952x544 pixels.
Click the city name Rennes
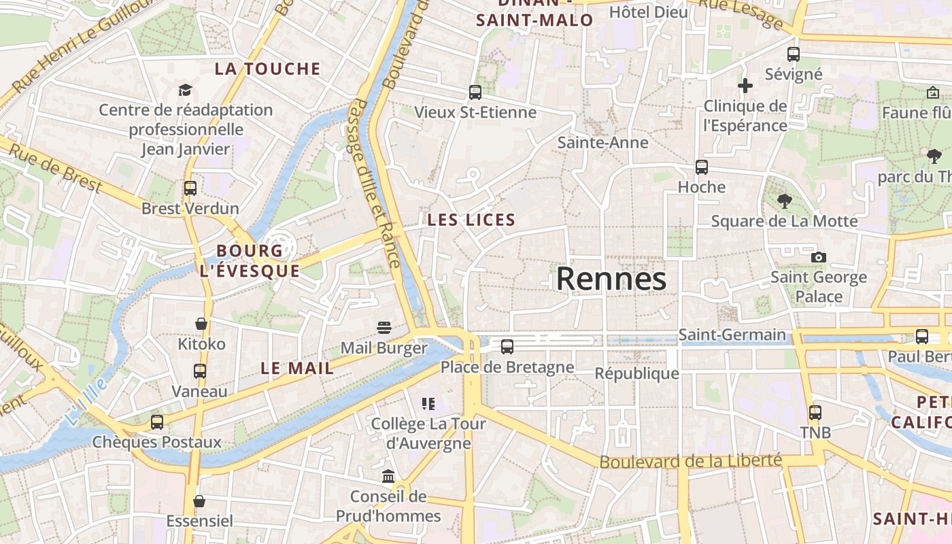pos(611,279)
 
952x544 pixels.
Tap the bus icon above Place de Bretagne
pos(507,347)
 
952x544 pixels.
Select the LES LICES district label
pos(471,220)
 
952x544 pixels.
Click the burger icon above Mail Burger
pos(384,328)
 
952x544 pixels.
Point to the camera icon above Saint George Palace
pos(819,257)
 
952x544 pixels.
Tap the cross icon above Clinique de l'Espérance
pos(745,86)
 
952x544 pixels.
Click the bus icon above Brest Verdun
pos(190,188)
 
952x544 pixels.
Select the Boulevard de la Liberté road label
pos(690,461)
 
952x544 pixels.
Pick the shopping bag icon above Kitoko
pos(201,324)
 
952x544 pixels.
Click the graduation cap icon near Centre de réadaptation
pos(185,90)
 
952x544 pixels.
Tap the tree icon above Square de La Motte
pos(785,201)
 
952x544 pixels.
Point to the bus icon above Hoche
pos(702,167)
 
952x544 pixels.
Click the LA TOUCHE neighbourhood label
pos(267,69)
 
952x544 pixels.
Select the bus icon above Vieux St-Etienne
pos(475,92)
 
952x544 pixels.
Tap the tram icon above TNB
pos(815,412)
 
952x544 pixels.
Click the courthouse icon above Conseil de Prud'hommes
pos(388,476)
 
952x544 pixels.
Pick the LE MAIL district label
pos(297,369)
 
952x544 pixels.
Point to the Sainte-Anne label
pos(602,143)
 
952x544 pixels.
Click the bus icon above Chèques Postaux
pos(157,422)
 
